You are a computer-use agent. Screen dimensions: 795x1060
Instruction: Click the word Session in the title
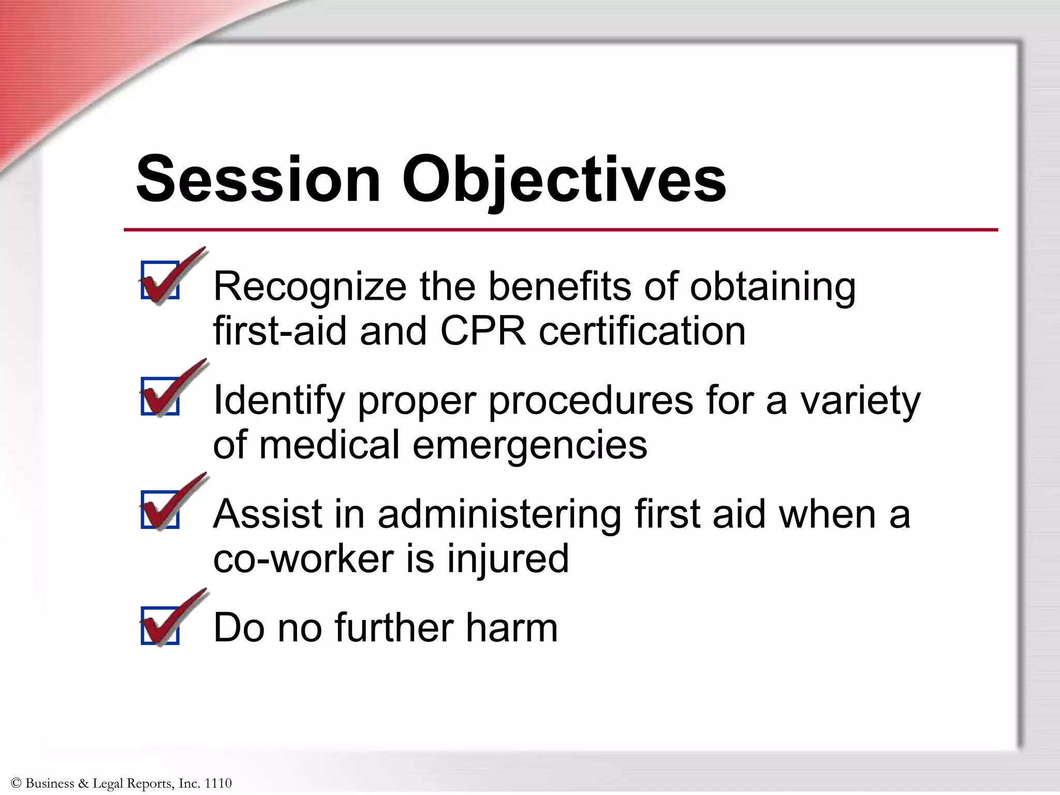pos(258,180)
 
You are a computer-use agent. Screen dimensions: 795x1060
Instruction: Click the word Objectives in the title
pos(564,180)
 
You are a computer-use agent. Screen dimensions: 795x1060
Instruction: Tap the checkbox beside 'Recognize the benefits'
pos(160,280)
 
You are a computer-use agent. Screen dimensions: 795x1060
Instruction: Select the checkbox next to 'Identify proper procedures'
pos(160,395)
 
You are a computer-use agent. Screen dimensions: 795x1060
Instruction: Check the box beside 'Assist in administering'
pos(160,509)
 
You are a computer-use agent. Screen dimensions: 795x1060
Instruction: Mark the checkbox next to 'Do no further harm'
pos(160,625)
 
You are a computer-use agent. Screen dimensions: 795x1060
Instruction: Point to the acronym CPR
pos(483,331)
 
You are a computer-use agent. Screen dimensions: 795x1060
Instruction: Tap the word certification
pos(642,331)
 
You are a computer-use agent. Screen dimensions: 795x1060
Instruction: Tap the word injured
pos(508,559)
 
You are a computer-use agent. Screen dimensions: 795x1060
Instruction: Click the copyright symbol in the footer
pos(16,783)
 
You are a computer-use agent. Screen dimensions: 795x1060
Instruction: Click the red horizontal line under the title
pos(560,229)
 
